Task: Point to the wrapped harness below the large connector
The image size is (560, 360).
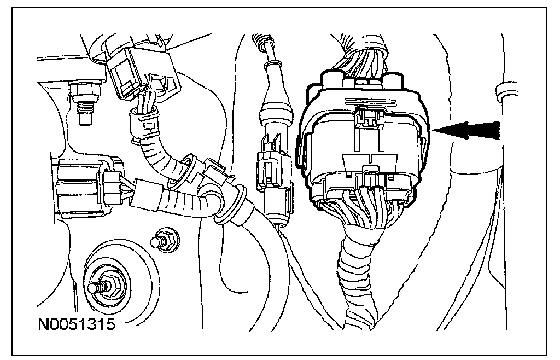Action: [x=359, y=274]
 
